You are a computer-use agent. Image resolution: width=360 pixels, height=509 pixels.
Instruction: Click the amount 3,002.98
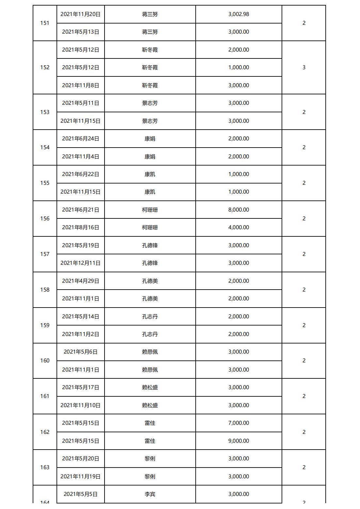pyautogui.click(x=238, y=14)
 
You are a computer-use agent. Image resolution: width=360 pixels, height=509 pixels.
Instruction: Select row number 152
pyautogui.click(x=45, y=67)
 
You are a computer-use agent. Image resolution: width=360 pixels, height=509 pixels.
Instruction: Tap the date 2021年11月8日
pyautogui.click(x=80, y=85)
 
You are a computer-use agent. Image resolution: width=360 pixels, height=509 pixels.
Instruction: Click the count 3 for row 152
pyautogui.click(x=304, y=67)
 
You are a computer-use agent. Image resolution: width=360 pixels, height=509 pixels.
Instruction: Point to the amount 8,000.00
pyautogui.click(x=238, y=210)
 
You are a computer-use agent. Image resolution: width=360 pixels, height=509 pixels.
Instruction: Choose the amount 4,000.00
pyautogui.click(x=238, y=227)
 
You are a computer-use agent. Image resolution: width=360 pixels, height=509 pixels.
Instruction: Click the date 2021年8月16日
pyautogui.click(x=80, y=227)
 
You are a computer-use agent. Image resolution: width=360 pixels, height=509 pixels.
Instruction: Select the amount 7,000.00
pyautogui.click(x=238, y=423)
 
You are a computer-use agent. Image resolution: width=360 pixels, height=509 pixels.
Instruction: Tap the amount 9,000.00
pyautogui.click(x=238, y=441)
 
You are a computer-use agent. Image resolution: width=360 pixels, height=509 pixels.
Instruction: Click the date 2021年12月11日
pyautogui.click(x=80, y=263)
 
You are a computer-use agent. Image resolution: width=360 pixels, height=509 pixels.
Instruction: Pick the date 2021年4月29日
pyautogui.click(x=80, y=281)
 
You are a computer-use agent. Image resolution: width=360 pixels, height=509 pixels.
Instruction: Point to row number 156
pyautogui.click(x=45, y=218)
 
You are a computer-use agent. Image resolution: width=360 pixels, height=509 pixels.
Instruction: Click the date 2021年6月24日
pyautogui.click(x=80, y=138)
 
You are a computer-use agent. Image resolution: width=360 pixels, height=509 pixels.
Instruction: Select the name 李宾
pyautogui.click(x=150, y=494)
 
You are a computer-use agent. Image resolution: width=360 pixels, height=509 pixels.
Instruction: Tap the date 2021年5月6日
pyautogui.click(x=80, y=352)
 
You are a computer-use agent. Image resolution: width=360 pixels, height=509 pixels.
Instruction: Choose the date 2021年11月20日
pyautogui.click(x=80, y=14)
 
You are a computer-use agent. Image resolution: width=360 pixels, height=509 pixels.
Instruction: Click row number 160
pyautogui.click(x=45, y=360)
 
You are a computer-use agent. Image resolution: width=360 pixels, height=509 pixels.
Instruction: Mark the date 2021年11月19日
pyautogui.click(x=80, y=476)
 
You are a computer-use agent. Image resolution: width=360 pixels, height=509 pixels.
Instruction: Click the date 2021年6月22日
pyautogui.click(x=80, y=174)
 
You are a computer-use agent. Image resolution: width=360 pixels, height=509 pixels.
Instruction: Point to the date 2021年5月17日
pyautogui.click(x=80, y=387)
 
